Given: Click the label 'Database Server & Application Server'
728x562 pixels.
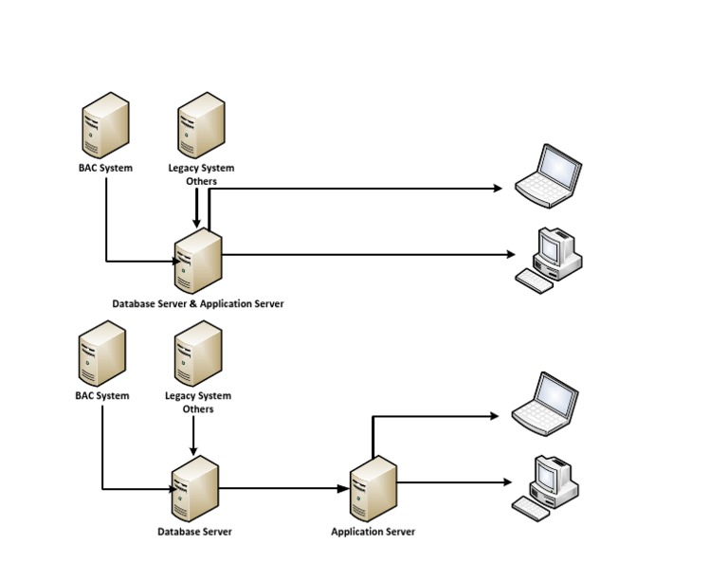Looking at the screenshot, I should [x=197, y=304].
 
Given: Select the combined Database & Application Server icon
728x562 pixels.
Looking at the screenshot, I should [x=198, y=261].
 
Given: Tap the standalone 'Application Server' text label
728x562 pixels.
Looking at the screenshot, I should [x=373, y=532].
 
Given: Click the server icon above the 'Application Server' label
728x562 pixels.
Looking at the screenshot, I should [x=372, y=487].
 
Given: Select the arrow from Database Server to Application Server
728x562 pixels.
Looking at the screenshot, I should [x=284, y=489].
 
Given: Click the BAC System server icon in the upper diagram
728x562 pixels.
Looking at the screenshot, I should [x=104, y=125].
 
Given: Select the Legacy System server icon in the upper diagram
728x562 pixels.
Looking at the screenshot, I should [x=202, y=125].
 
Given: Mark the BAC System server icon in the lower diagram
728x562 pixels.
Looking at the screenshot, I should [x=101, y=353].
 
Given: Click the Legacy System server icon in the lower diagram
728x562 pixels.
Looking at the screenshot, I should [x=198, y=353].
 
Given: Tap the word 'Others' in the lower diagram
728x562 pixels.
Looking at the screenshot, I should [x=198, y=409].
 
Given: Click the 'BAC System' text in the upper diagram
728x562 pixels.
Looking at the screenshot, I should [x=105, y=169].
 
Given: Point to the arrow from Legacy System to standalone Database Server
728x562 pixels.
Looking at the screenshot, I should [x=194, y=435].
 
